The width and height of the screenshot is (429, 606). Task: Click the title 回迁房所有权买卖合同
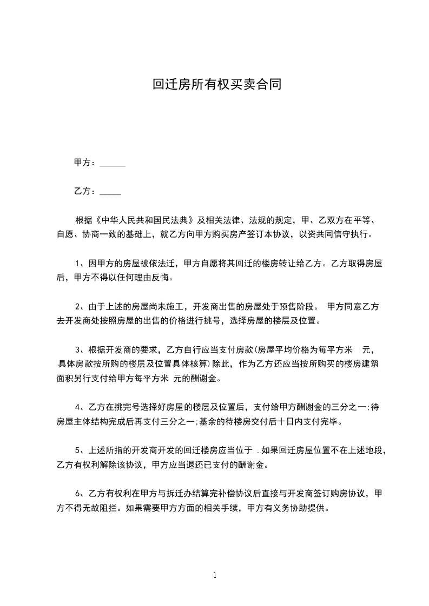tap(217, 85)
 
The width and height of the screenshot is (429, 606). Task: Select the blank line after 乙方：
tap(110, 191)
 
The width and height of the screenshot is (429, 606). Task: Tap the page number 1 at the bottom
tap(215, 575)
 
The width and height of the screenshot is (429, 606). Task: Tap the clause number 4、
tap(79, 407)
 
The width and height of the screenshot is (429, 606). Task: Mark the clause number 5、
tap(79, 450)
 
